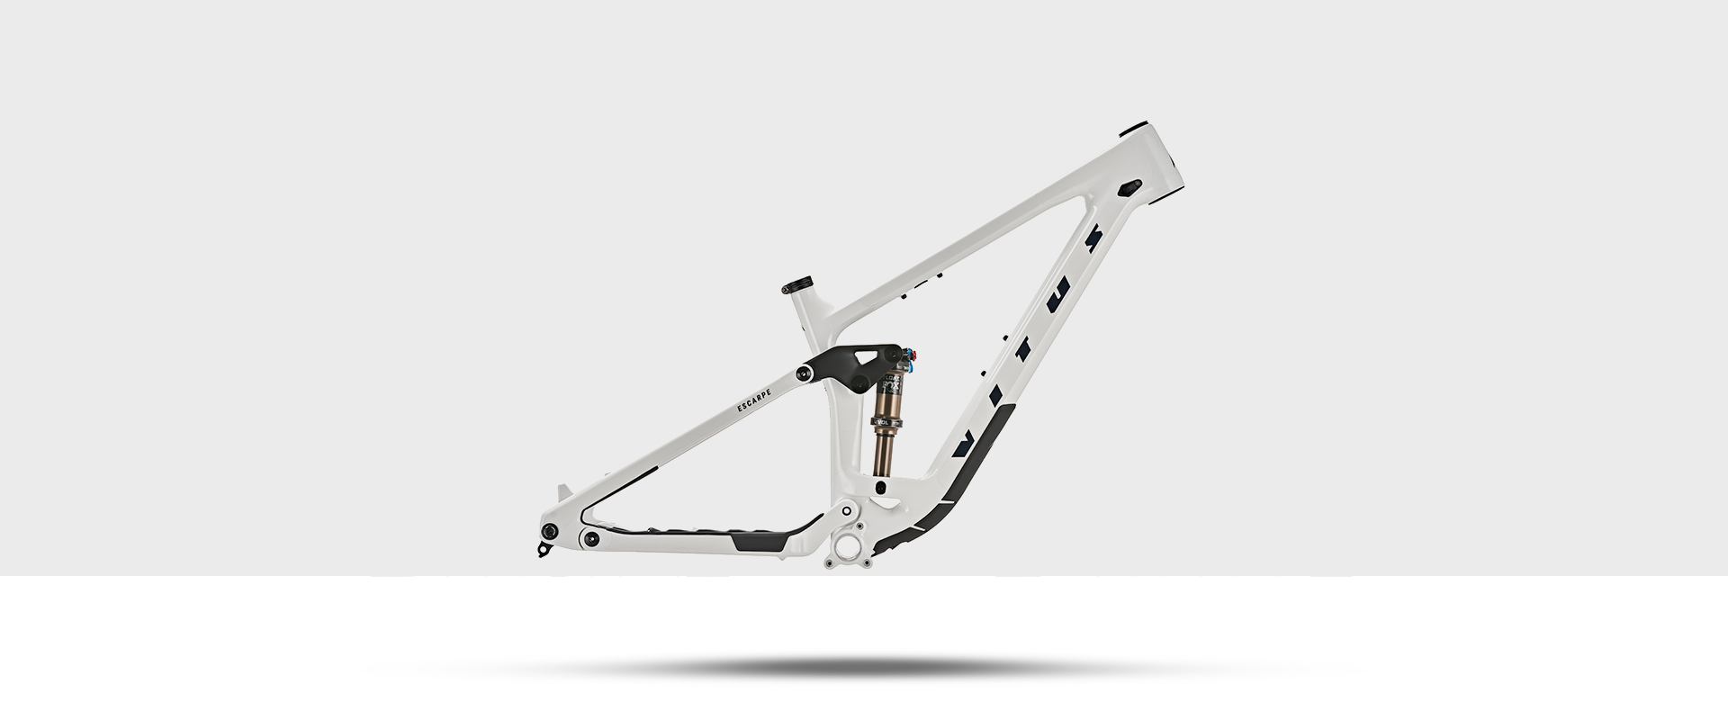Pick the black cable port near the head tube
click(1129, 187)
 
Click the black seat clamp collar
click(797, 284)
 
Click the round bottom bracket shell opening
click(848, 546)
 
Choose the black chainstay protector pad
click(759, 541)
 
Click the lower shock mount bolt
click(881, 487)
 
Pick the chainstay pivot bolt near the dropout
click(591, 538)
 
